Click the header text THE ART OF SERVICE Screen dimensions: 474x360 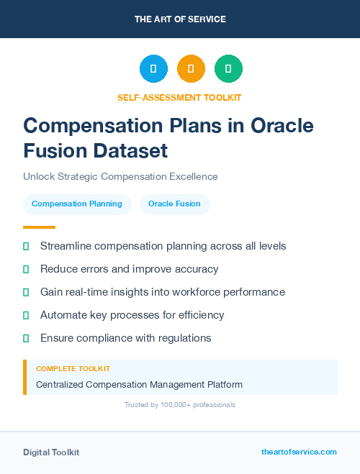click(x=180, y=19)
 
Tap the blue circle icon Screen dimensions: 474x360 click(x=153, y=68)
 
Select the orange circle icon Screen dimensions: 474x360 click(x=191, y=68)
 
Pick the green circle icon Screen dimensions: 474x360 click(x=228, y=68)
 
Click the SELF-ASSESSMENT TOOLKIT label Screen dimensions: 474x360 click(x=179, y=97)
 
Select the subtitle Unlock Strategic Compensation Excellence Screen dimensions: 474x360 click(x=120, y=176)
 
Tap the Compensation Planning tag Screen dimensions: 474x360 click(x=77, y=204)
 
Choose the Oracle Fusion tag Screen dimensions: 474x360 click(x=174, y=204)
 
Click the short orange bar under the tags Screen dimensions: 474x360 click(x=39, y=227)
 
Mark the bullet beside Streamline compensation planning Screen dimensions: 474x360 click(x=26, y=246)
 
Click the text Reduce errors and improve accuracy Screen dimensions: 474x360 click(x=129, y=269)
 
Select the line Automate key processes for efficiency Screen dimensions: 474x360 click(x=132, y=315)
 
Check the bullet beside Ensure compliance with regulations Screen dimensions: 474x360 click(x=26, y=338)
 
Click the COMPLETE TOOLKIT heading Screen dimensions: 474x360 click(x=73, y=368)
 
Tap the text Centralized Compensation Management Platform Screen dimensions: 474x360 click(x=139, y=384)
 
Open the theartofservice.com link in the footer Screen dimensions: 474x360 click(x=299, y=452)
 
